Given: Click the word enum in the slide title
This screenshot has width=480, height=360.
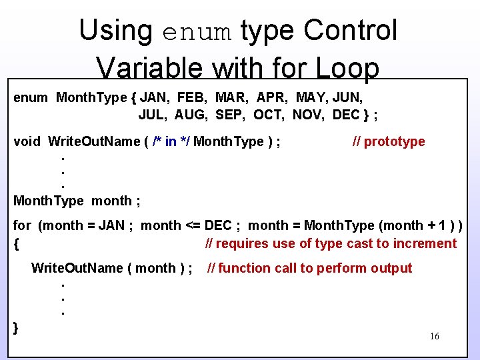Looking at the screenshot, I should click(197, 31).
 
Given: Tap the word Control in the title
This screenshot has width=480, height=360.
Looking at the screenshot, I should click(351, 31).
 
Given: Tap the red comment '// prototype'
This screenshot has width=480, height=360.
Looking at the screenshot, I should click(388, 141).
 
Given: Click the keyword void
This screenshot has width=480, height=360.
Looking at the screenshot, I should click(27, 141).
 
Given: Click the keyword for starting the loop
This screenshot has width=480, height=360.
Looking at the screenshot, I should click(22, 225).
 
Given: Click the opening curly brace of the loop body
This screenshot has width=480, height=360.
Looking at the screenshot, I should click(16, 244).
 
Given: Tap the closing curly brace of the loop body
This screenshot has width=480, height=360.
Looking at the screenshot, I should click(16, 327).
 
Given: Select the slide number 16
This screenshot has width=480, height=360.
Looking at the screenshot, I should click(434, 337).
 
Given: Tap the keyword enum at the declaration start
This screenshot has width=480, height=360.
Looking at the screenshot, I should click(31, 97).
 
